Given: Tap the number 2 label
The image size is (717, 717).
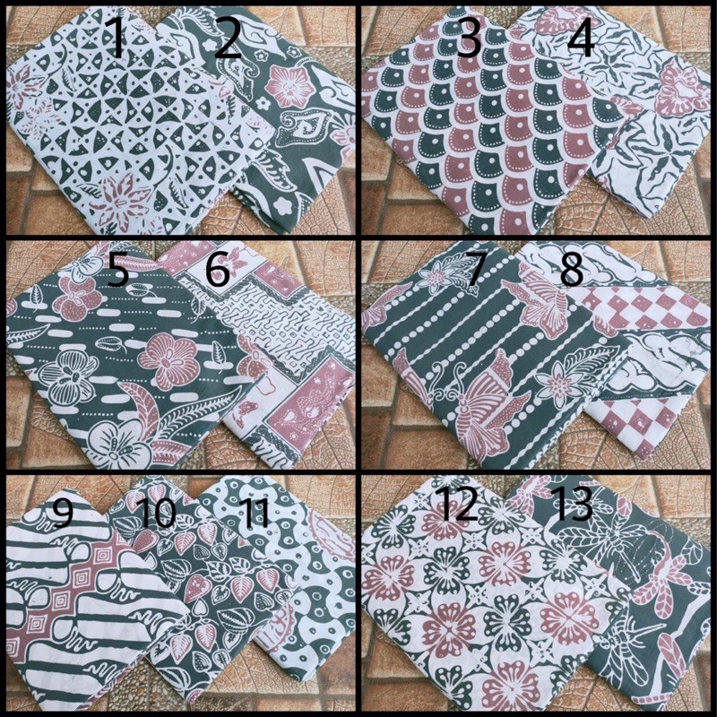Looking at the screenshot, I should tap(228, 40).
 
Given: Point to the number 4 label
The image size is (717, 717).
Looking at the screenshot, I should tap(581, 39).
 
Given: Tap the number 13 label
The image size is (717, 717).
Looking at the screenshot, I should tap(571, 505).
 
